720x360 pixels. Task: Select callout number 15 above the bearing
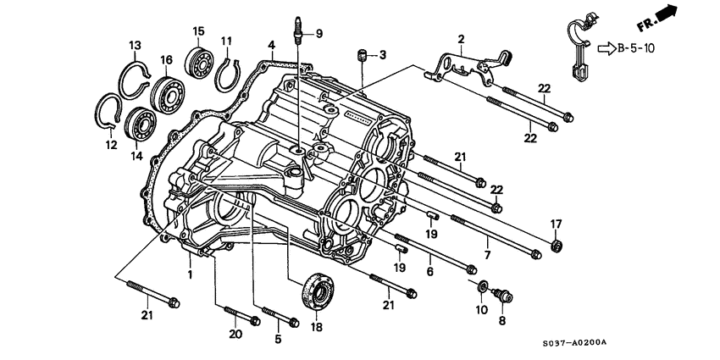click(199, 31)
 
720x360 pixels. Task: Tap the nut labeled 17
click(557, 246)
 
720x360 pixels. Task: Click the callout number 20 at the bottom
click(235, 334)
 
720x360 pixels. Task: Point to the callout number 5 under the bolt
click(275, 341)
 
